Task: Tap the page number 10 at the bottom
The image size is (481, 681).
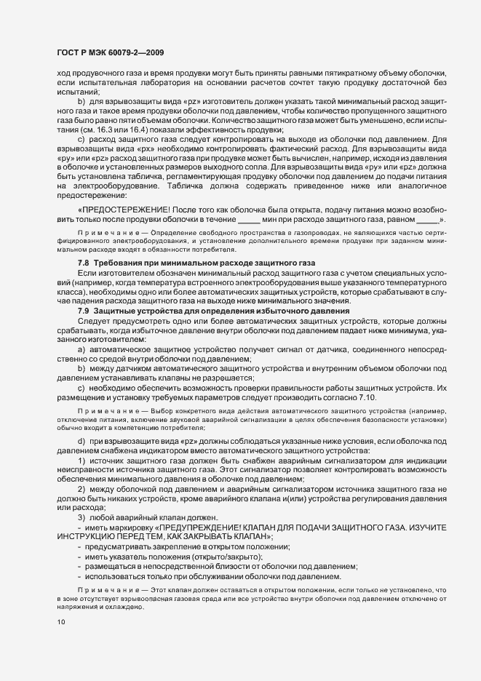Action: (x=60, y=643)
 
